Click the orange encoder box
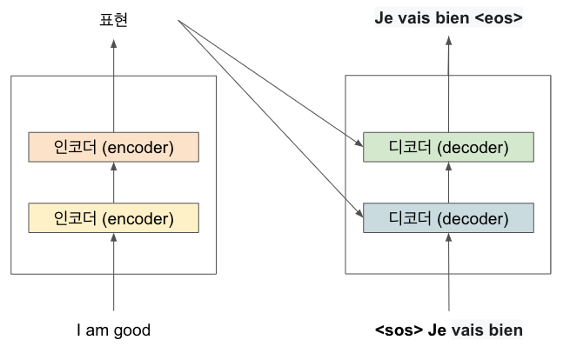coord(113,147)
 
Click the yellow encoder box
coord(113,217)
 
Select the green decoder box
coord(448,147)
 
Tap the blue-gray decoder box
coord(448,217)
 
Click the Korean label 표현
coord(113,19)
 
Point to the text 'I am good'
coord(113,330)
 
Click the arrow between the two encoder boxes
coord(113,183)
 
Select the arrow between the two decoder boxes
coord(448,183)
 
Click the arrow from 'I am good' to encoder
coord(113,270)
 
